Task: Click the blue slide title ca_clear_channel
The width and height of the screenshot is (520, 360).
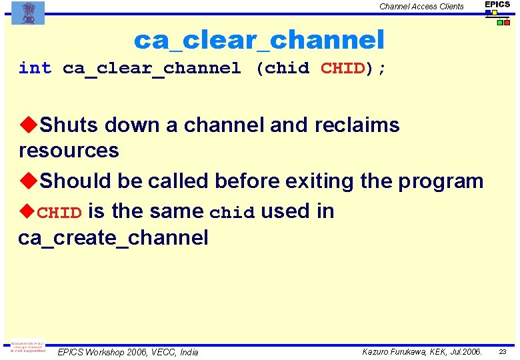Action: tap(259, 41)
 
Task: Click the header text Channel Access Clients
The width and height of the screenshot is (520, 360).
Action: tap(421, 7)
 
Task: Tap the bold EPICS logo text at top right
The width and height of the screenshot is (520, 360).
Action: tap(497, 5)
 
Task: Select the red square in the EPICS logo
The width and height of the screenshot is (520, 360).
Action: tap(507, 23)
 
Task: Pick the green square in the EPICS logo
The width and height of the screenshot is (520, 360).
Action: tap(499, 23)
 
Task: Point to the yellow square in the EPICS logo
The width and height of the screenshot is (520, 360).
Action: tap(494, 13)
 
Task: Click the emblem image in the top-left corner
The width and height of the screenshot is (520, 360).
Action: tap(28, 13)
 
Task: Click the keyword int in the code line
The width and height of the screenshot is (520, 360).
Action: tap(35, 69)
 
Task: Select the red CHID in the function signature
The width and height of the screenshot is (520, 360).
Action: tap(343, 69)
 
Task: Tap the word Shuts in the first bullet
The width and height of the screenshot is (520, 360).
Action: tap(69, 125)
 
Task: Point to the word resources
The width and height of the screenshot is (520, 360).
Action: tap(69, 151)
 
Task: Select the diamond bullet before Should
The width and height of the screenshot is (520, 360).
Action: tap(28, 181)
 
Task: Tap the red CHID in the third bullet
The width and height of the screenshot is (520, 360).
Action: tap(59, 213)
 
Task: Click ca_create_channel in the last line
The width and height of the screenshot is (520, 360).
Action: tap(113, 237)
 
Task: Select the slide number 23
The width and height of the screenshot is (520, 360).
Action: tap(503, 351)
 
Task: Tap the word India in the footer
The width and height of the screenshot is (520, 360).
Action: tap(189, 352)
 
